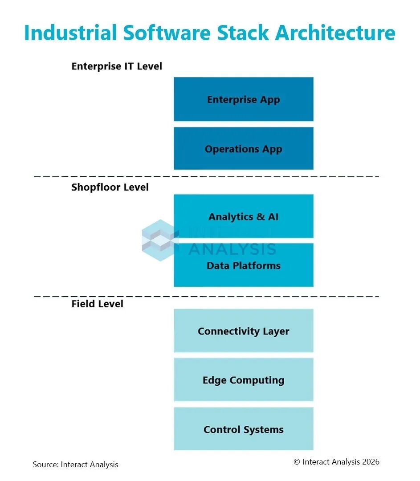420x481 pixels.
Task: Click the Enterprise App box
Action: (x=244, y=99)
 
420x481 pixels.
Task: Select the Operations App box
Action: (x=244, y=148)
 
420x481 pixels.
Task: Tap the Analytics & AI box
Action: (x=244, y=216)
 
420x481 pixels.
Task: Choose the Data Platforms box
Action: (x=244, y=265)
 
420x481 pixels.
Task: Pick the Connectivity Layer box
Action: (x=244, y=330)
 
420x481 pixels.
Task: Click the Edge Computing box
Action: (x=244, y=380)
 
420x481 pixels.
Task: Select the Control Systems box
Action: (x=244, y=429)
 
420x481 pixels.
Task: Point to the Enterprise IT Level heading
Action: (x=117, y=66)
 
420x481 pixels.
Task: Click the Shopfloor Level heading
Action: (x=110, y=187)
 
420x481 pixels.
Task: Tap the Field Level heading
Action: (x=97, y=304)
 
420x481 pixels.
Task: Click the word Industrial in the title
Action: (x=70, y=33)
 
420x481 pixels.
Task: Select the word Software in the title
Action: (x=167, y=33)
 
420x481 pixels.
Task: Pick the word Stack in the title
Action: (x=243, y=33)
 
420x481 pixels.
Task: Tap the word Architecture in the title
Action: (x=335, y=33)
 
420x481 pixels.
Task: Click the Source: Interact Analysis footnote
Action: (x=75, y=465)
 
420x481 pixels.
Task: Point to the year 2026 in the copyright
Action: (x=371, y=462)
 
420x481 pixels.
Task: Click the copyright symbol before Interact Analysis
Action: (x=297, y=462)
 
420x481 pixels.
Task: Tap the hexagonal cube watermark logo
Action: (x=160, y=240)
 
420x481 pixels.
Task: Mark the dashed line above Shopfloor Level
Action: (x=207, y=176)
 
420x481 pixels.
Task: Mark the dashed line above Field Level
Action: (x=207, y=296)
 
